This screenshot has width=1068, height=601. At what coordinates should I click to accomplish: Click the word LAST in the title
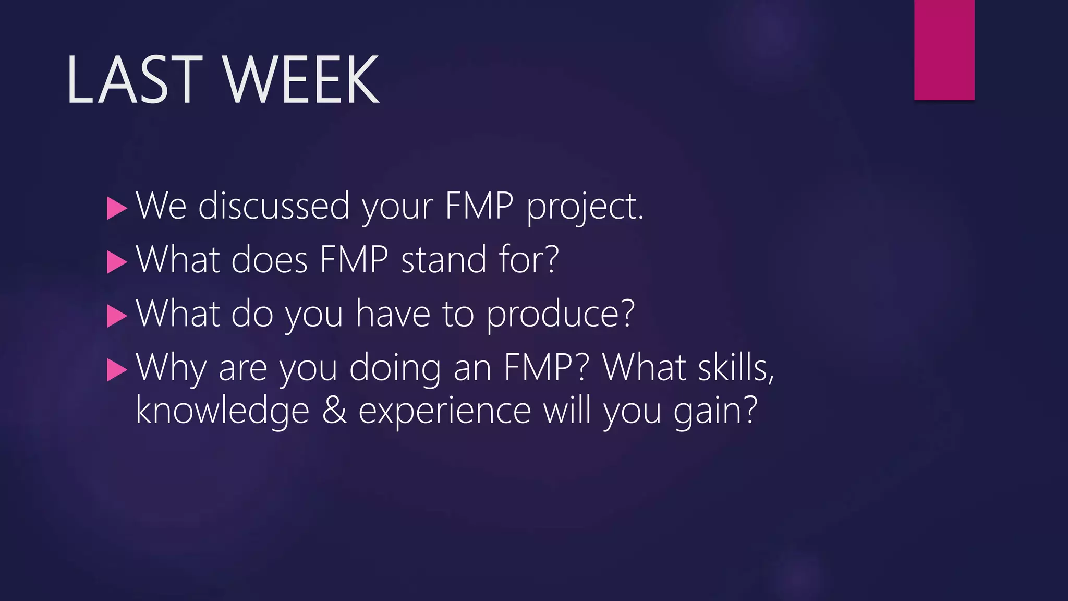(133, 79)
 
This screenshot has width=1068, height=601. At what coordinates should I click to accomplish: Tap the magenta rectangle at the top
(944, 50)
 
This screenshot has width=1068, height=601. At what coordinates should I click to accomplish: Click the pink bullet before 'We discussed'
(117, 209)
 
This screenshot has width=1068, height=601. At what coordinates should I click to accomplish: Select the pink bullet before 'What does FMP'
(117, 262)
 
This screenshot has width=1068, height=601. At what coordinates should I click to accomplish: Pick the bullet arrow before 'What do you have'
(117, 316)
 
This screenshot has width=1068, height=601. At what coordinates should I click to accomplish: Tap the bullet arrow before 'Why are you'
(117, 370)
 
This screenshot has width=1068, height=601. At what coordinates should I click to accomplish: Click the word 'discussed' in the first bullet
(274, 206)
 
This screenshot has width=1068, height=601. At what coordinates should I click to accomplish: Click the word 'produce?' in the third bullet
(561, 315)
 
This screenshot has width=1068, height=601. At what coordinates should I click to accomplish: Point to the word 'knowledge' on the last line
(222, 411)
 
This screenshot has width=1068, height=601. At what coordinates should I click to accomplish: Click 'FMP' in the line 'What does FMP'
(354, 259)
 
